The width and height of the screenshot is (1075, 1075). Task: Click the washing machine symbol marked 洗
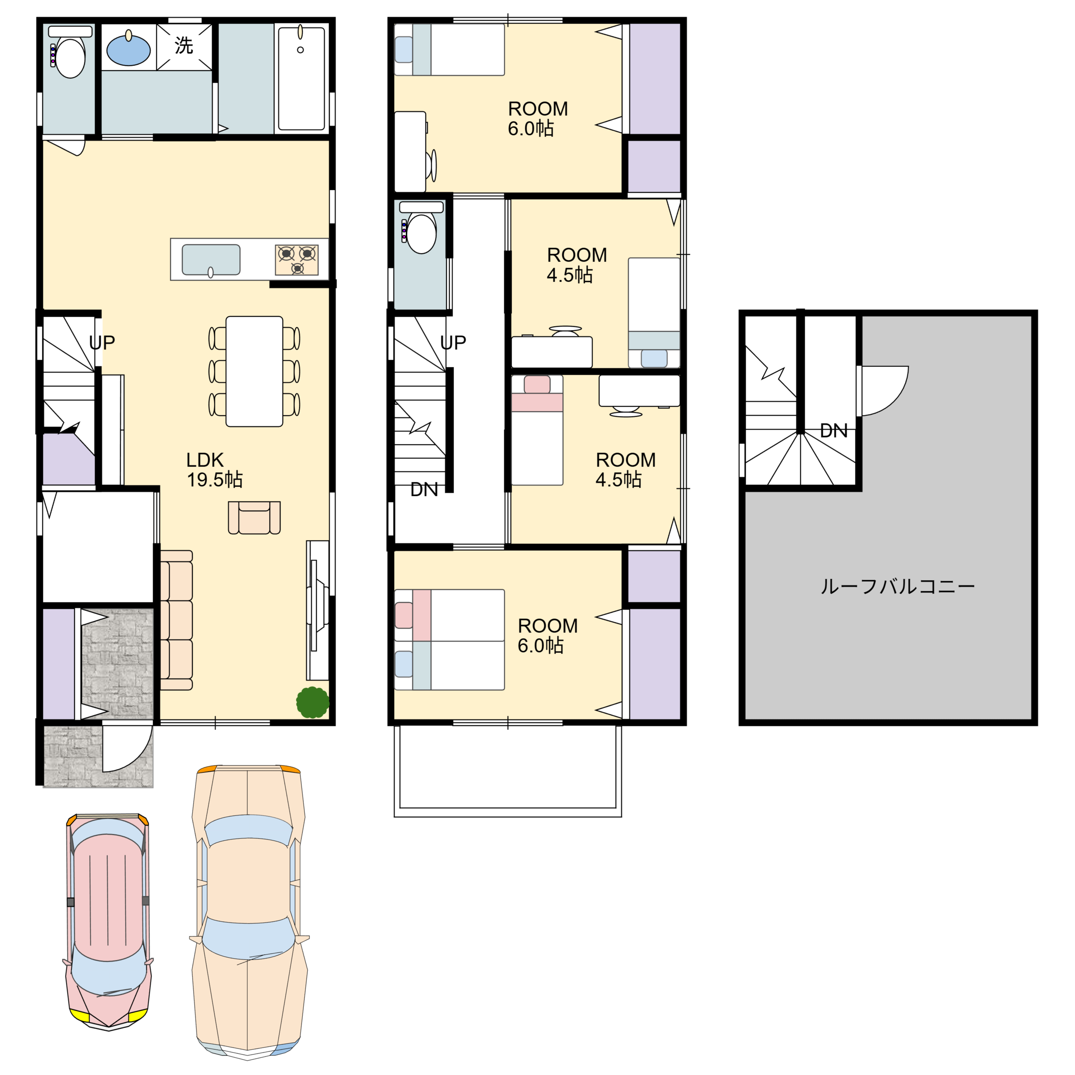[184, 46]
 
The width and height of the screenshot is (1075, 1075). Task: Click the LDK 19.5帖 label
[214, 470]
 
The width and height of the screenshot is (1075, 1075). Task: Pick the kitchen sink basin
[211, 260]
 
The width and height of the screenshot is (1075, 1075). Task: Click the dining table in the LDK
[254, 371]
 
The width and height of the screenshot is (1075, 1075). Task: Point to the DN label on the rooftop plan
[833, 430]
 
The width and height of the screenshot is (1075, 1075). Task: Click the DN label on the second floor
[424, 489]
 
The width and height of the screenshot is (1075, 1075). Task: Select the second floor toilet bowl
[421, 234]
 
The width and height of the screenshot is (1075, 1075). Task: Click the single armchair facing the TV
[254, 517]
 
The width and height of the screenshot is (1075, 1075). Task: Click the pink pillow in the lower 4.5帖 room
[537, 384]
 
